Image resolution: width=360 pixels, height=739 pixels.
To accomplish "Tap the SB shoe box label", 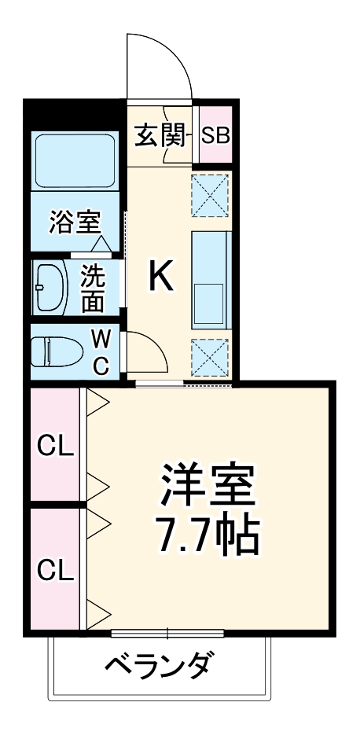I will [215, 135].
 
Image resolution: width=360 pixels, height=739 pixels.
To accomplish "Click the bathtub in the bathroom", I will [75, 161].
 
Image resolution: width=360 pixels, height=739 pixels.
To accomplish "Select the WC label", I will [101, 351].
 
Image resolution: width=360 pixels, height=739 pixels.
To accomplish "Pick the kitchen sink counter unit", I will [211, 281].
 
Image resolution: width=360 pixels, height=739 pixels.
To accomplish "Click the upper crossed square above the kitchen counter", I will [210, 193].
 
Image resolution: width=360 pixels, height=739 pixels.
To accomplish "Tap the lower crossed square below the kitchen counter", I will [210, 357].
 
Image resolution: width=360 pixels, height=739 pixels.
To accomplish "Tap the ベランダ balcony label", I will [159, 665].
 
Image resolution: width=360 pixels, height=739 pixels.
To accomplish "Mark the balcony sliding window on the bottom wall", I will [167, 632].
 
